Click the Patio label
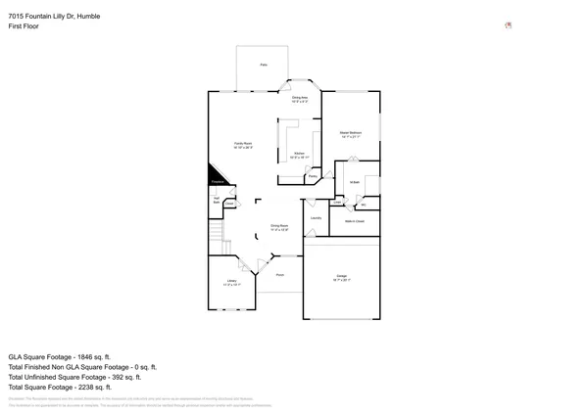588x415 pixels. click(263, 65)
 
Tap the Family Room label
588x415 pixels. click(242, 145)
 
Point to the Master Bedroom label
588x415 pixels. click(351, 134)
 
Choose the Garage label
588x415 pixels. click(341, 277)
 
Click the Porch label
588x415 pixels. click(279, 275)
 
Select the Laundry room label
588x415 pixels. click(316, 218)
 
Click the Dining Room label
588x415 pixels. click(279, 228)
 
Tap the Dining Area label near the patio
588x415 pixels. click(300, 98)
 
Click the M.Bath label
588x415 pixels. click(355, 182)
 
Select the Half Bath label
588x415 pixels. click(216, 200)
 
